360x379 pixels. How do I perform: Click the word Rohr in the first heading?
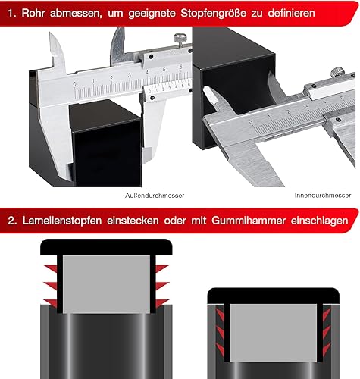33,13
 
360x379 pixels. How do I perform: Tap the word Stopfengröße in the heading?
213,14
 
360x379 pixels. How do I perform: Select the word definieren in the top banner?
291,13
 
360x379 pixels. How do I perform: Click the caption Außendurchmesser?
155,196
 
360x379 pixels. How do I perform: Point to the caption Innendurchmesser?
323,195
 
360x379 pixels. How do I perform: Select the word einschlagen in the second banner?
319,221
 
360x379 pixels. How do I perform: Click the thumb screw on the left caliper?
180,39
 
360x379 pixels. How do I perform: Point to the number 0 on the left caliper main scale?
74,84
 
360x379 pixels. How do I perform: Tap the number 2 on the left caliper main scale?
111,78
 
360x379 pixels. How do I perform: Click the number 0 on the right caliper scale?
251,122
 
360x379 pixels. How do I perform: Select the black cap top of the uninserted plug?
106,247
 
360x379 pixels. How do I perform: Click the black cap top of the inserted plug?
274,296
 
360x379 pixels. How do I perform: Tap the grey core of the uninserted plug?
106,284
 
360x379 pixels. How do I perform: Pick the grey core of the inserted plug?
274,333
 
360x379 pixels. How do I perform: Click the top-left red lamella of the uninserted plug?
52,268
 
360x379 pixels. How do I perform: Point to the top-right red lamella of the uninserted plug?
161,268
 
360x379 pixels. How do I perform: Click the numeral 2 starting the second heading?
12,221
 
